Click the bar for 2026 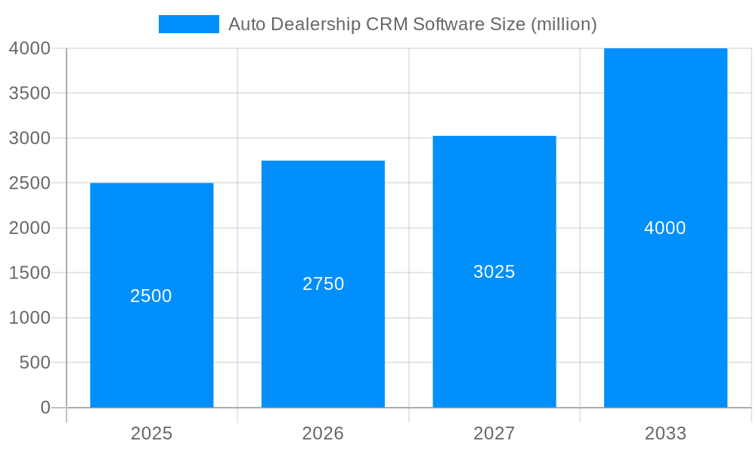tap(323, 347)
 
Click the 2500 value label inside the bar tap(151, 296)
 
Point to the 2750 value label tap(323, 284)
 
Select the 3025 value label tap(494, 272)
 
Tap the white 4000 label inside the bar tap(665, 228)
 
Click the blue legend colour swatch tap(188, 24)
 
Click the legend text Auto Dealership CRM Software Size tap(412, 24)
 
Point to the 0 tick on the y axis tap(45, 408)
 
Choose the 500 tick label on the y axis tap(35, 362)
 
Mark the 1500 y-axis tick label tap(30, 273)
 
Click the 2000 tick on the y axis tap(30, 228)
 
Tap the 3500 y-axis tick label tap(30, 93)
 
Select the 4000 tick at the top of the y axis tap(30, 48)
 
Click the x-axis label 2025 tap(151, 433)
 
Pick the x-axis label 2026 tap(323, 433)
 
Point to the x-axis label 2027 tap(494, 433)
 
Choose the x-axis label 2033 tap(665, 433)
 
